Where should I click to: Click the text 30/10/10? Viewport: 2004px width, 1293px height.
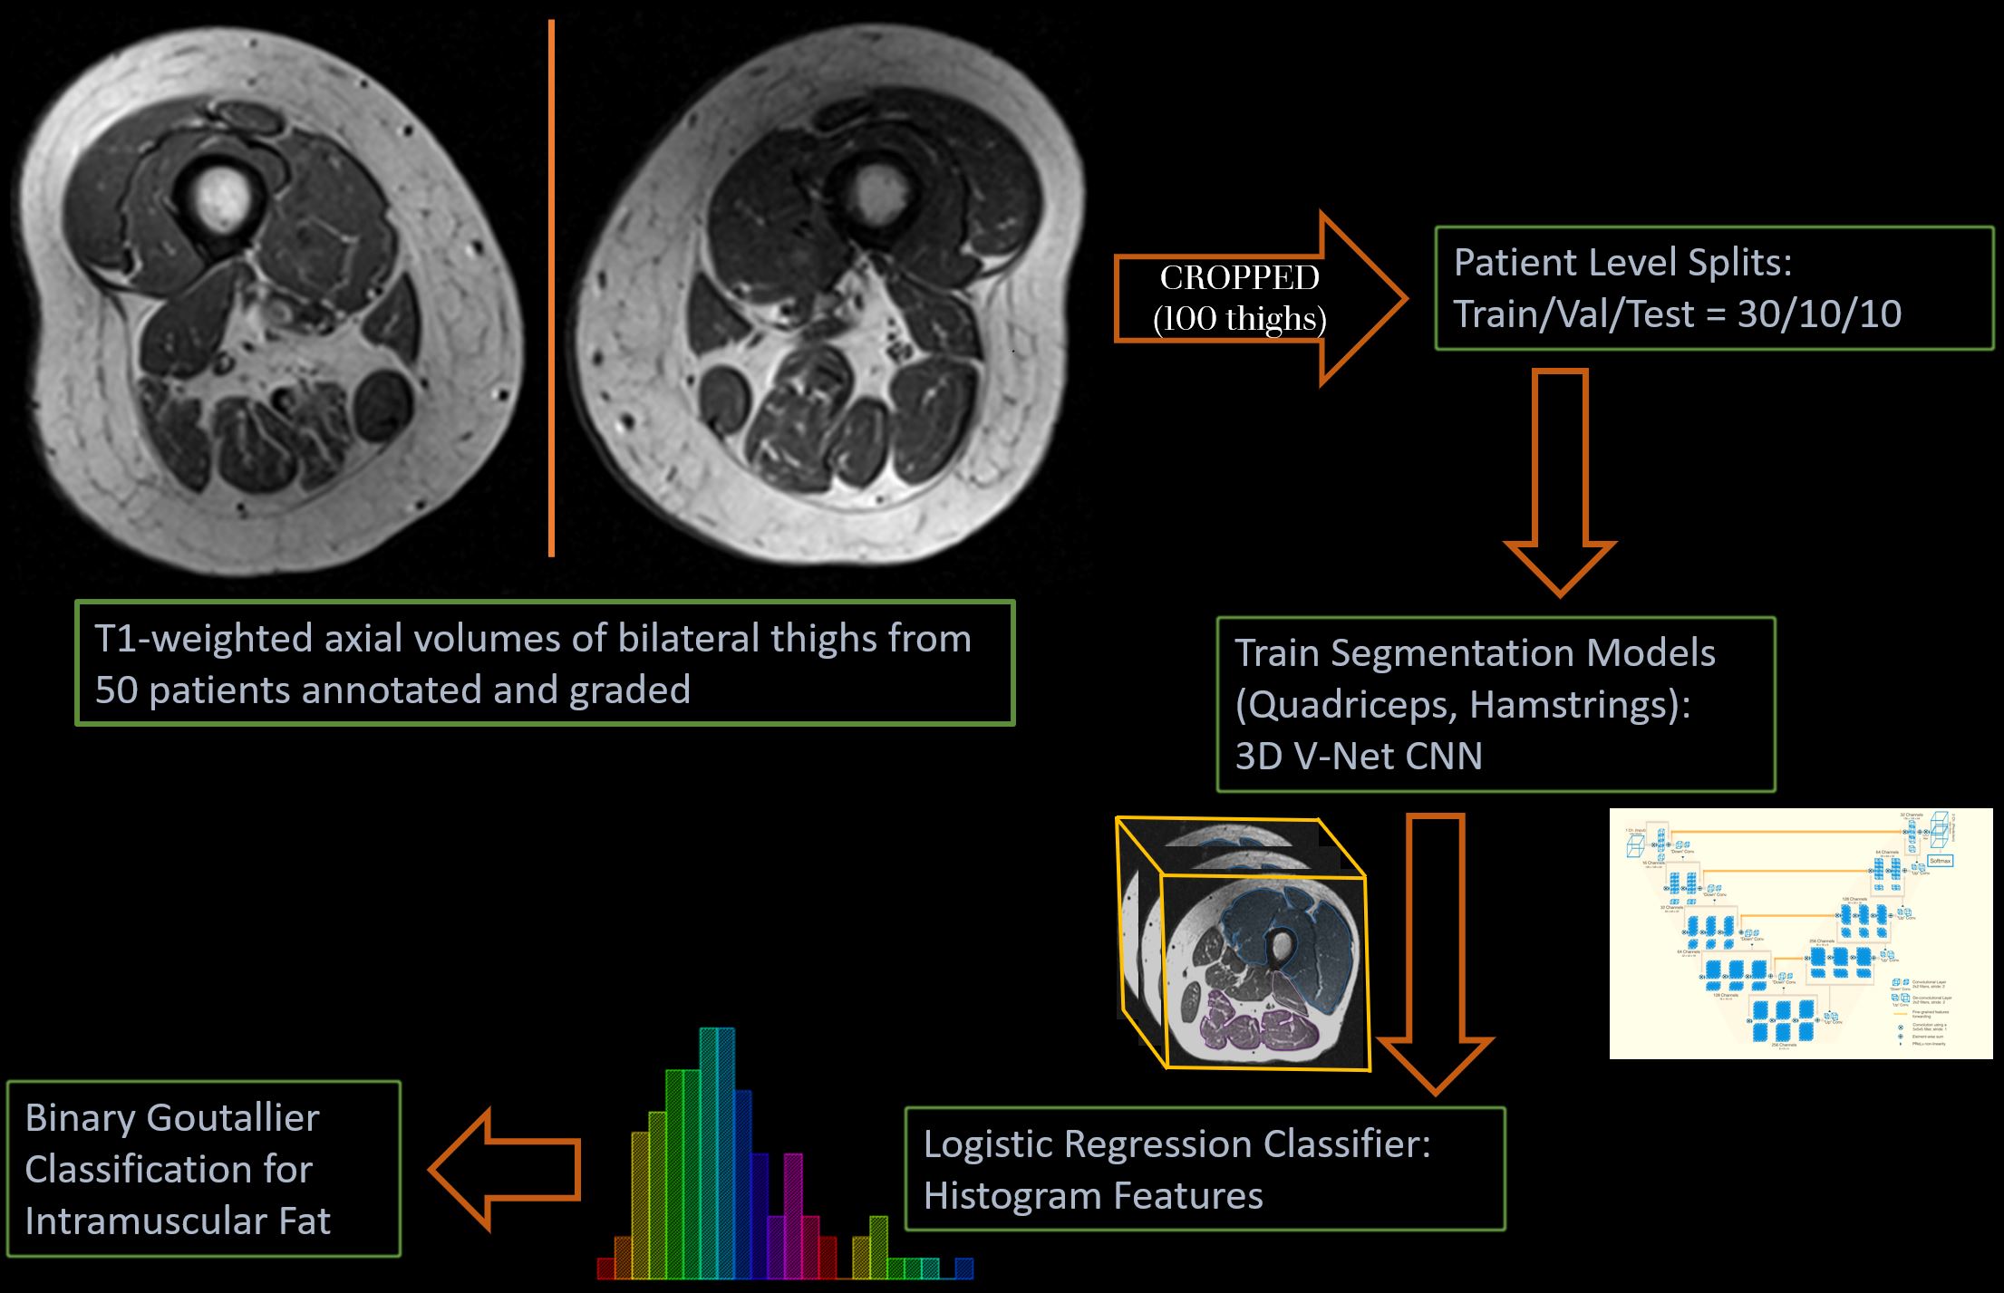pyautogui.click(x=1819, y=314)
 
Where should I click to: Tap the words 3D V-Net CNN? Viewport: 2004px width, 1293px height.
pyautogui.click(x=1359, y=757)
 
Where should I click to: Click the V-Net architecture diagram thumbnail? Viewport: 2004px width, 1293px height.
pyautogui.click(x=1800, y=933)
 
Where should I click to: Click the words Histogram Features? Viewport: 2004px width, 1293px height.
pyautogui.click(x=1093, y=1196)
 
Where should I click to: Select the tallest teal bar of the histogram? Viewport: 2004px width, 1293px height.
pyautogui.click(x=717, y=1151)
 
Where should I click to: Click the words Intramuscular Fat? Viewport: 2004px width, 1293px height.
pyautogui.click(x=178, y=1221)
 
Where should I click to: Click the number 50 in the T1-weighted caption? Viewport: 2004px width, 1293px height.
pyautogui.click(x=116, y=690)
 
